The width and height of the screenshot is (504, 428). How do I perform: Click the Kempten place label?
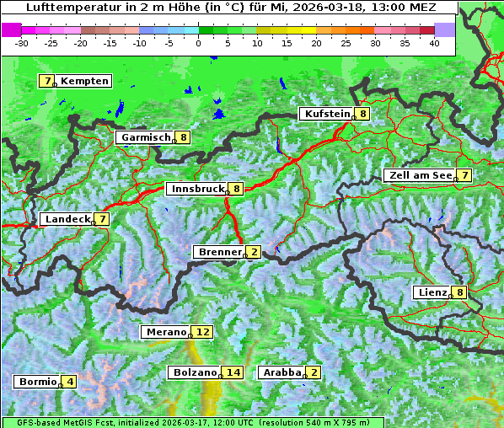84,81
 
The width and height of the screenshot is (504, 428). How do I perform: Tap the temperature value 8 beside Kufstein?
362,114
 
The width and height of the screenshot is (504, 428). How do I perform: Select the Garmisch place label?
146,137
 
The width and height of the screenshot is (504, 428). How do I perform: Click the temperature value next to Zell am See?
464,175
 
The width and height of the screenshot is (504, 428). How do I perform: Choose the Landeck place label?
67,219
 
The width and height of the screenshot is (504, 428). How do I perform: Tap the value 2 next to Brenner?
254,252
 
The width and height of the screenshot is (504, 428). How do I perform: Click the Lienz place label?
432,292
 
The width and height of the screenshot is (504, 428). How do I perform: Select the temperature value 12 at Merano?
201,332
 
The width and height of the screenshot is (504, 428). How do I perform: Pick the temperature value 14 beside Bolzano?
233,372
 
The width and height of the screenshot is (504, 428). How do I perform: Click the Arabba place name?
282,372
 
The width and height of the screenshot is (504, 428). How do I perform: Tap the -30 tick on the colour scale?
23,42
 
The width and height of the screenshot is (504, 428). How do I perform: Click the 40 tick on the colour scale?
434,42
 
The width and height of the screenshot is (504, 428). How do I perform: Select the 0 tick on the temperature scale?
199,42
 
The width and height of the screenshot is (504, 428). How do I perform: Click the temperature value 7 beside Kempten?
47,81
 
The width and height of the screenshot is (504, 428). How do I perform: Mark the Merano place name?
165,332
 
